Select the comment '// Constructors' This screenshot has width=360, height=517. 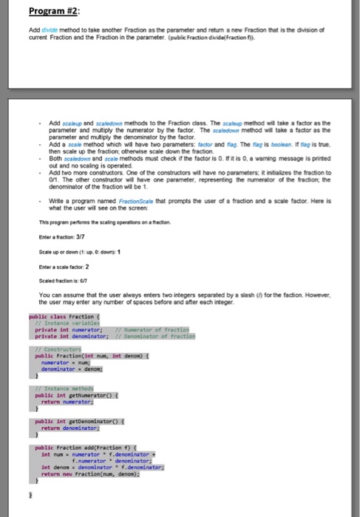(x=60, y=349)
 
